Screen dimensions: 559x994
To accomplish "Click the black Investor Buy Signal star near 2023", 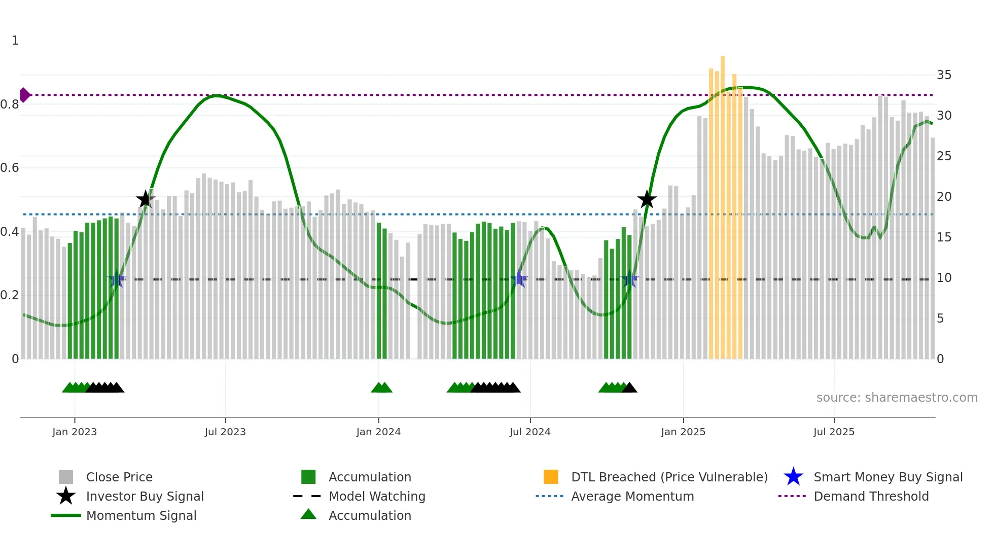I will [146, 199].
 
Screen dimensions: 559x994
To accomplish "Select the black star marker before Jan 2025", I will [647, 199].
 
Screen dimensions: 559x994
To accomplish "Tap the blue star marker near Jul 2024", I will [519, 278].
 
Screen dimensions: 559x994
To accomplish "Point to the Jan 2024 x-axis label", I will [378, 432].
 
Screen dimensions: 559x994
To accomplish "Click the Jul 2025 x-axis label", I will [834, 432].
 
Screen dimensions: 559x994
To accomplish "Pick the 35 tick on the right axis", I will [944, 75].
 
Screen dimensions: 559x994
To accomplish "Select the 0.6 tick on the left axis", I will [10, 168].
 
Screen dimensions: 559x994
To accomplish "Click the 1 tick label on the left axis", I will [15, 41].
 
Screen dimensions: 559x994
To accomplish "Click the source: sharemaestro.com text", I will [897, 398].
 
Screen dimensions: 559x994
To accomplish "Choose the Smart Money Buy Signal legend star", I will [793, 477].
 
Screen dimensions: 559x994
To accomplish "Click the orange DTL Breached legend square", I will [551, 477].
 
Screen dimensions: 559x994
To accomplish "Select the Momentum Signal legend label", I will [141, 515].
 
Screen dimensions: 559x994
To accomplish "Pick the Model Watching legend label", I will [377, 496].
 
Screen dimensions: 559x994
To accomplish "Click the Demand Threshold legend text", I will [871, 496].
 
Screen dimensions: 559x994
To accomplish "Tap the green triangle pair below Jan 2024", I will [381, 388].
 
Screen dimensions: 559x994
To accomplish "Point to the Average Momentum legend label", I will [632, 496].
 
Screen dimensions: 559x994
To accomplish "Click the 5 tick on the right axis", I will [940, 319].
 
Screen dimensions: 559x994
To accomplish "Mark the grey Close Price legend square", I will [66, 477].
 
